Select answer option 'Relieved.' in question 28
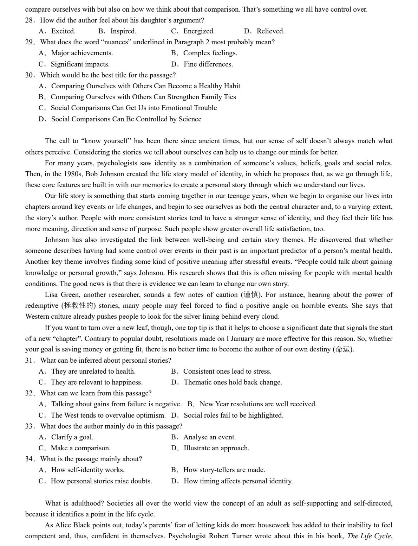[270, 31]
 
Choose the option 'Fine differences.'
[208, 64]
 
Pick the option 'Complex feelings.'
[210, 53]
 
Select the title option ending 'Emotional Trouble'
[133, 108]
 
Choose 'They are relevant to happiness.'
[96, 382]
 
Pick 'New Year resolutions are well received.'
[258, 404]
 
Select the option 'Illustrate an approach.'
[216, 448]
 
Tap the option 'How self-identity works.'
[87, 470]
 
